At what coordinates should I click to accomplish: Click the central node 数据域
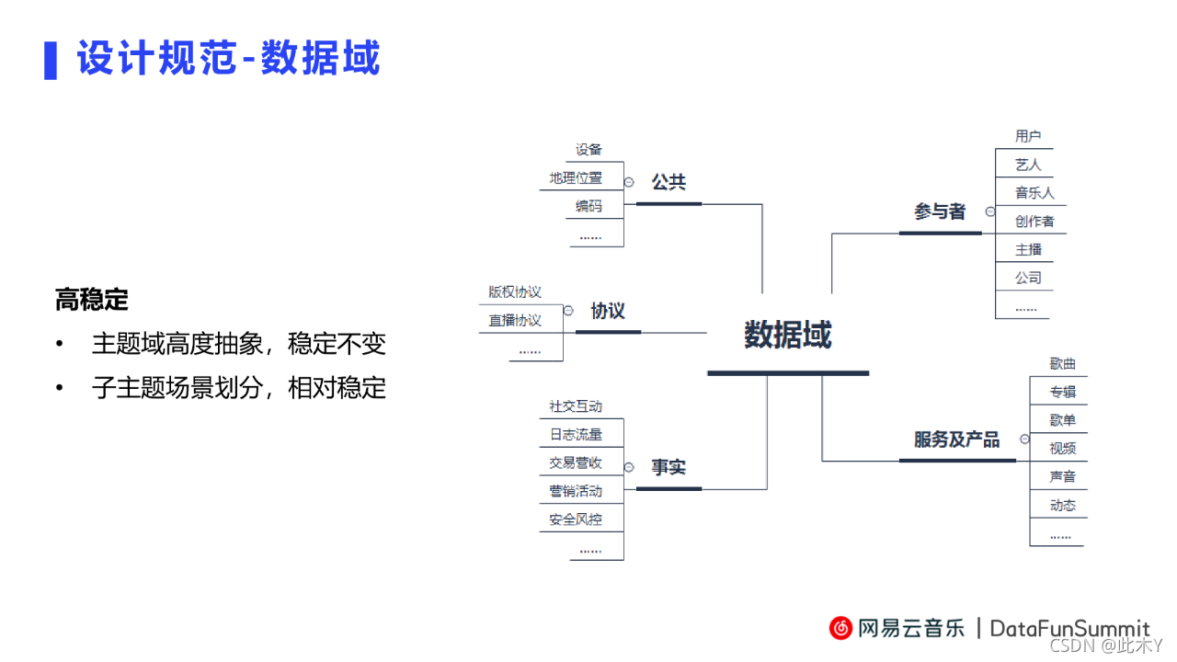[x=788, y=335]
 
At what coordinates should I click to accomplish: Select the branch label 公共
[x=668, y=182]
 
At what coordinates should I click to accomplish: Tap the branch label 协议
[x=608, y=311]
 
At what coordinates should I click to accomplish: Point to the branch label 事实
[x=668, y=467]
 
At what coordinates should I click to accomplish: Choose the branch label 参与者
[x=940, y=211]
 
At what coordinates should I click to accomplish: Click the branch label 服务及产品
[x=956, y=439]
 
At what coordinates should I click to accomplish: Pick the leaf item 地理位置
[x=576, y=177]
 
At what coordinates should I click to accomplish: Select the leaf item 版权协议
[x=515, y=292]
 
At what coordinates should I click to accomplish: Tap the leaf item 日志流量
[x=576, y=434]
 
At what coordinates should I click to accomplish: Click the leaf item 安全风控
[x=576, y=519]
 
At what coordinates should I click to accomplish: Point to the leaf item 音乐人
[x=1034, y=193]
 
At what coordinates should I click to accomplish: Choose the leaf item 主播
[x=1028, y=250]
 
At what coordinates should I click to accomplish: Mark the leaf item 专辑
[x=1062, y=392]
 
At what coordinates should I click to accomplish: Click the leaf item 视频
[x=1062, y=449]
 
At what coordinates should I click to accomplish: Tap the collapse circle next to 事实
[x=629, y=467]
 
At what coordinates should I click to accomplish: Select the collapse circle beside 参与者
[x=989, y=211]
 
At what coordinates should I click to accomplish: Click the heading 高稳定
[x=92, y=300]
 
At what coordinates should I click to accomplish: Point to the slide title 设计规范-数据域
[x=228, y=59]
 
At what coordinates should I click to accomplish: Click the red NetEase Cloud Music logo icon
[x=840, y=628]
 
